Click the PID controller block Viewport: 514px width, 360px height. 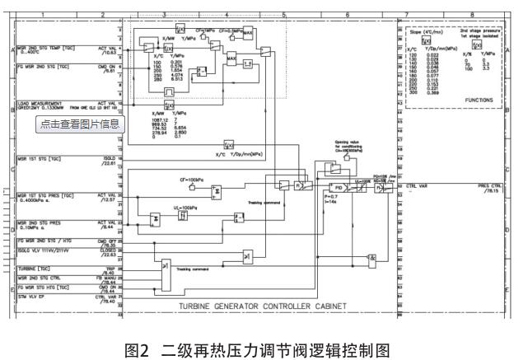pos(338,188)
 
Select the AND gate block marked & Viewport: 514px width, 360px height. pos(371,258)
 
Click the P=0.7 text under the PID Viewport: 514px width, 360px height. pos(329,198)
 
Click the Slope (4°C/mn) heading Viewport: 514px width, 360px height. pos(425,32)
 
